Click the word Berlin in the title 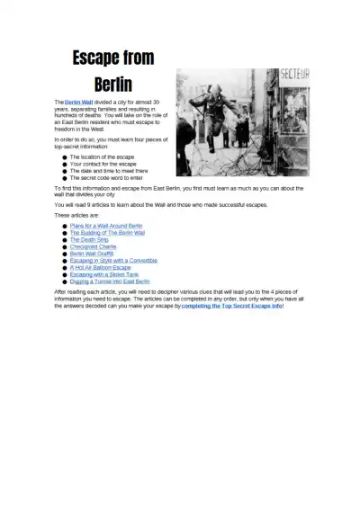pyautogui.click(x=112, y=85)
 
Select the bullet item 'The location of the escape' pyautogui.click(x=104, y=156)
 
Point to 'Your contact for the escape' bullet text pyautogui.click(x=103, y=165)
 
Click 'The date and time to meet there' pyautogui.click(x=109, y=172)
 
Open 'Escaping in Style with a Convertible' pyautogui.click(x=113, y=261)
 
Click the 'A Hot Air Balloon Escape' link pyautogui.click(x=100, y=267)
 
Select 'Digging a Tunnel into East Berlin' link pyautogui.click(x=110, y=281)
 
